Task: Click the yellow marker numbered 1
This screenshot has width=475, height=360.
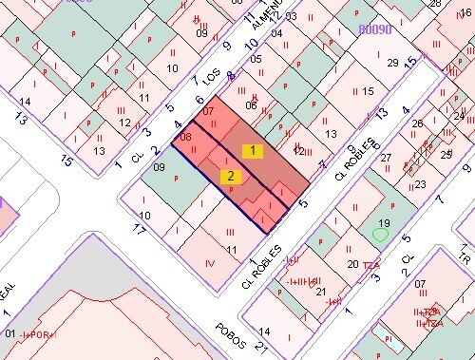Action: coord(252,150)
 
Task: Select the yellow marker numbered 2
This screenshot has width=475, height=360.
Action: coord(230,176)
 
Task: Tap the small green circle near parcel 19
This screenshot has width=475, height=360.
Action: coord(381,234)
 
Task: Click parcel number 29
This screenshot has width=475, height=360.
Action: coord(392,63)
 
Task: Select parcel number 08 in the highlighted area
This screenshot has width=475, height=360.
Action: coord(185,137)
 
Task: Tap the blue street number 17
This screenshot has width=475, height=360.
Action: coord(139,229)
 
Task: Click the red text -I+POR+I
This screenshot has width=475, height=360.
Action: coord(37,335)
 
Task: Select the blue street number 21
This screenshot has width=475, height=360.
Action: coord(261,347)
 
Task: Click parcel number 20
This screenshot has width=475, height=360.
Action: coord(352,263)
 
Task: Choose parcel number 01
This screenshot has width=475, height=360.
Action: coord(10,333)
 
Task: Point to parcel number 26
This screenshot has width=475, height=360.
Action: coord(417,124)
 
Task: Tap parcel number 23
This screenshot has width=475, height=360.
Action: coord(420,184)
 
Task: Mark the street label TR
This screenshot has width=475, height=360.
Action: coord(465,257)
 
